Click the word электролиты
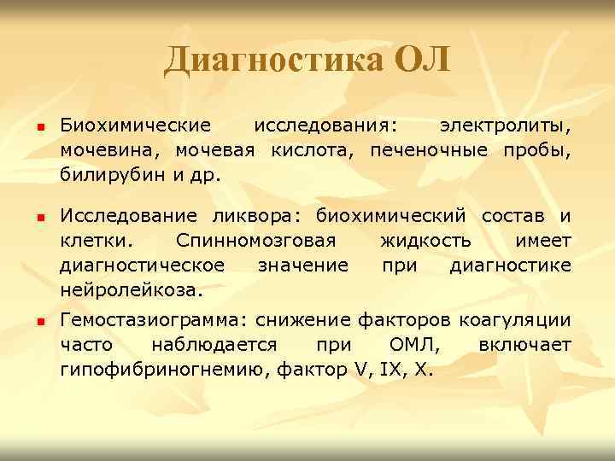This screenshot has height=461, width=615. (x=505, y=127)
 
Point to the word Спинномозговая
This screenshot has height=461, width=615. (x=255, y=241)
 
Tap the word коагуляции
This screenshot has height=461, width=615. (x=515, y=321)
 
